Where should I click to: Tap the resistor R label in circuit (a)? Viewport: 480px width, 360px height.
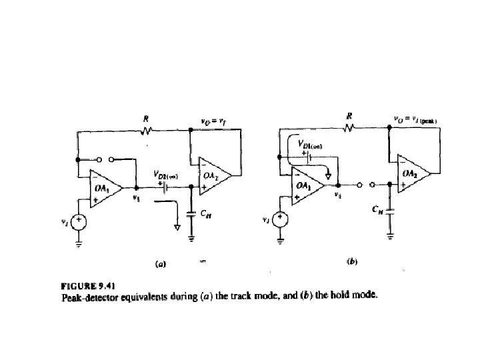[145, 119]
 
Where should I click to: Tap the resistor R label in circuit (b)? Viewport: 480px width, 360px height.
[348, 115]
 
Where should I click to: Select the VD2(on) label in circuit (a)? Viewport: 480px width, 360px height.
[165, 176]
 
